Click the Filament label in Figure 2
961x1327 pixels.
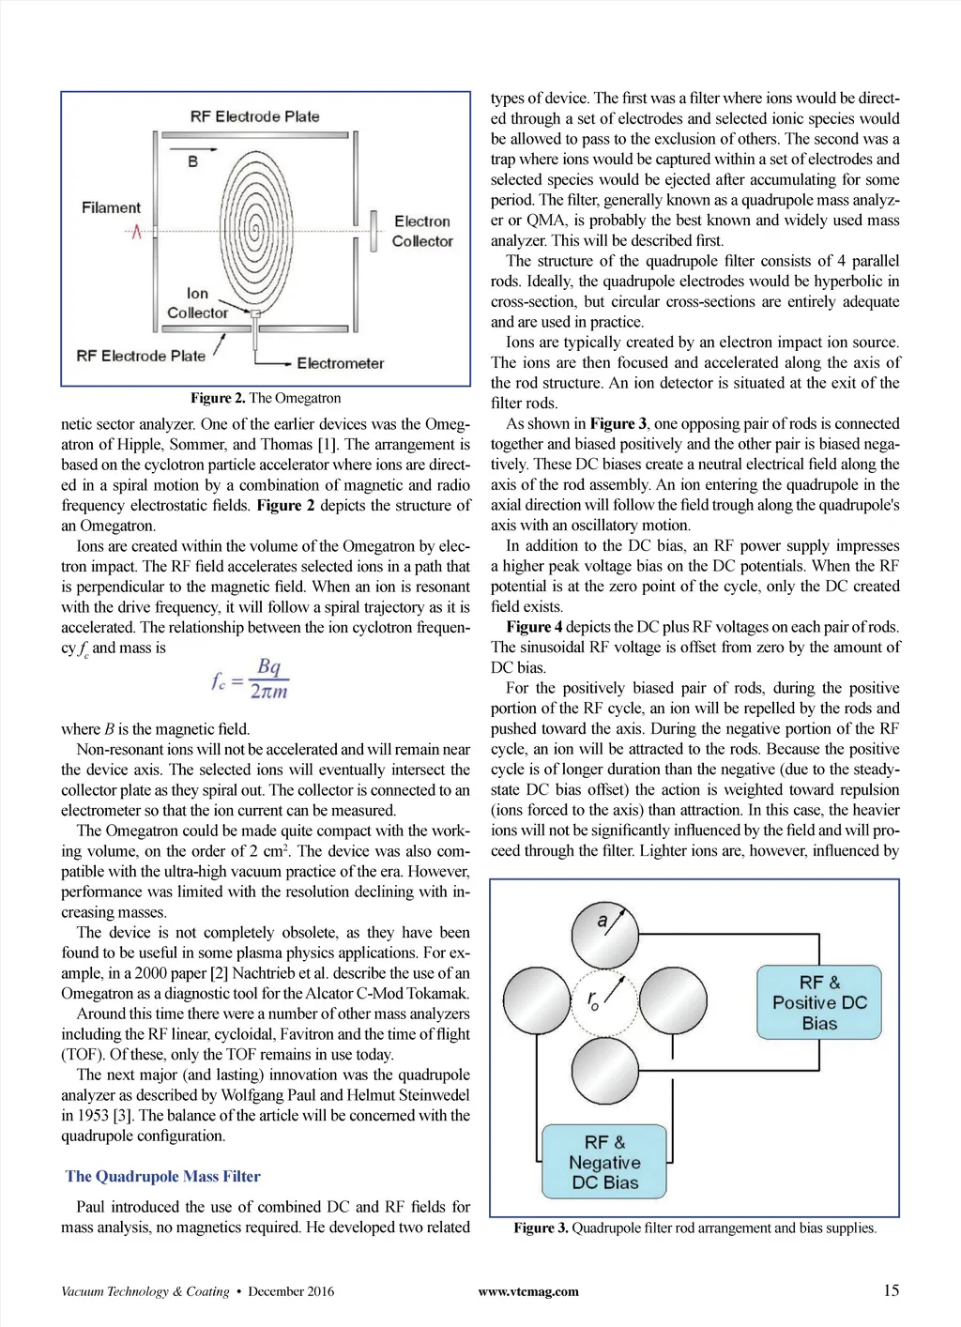[111, 207]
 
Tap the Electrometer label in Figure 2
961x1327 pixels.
[340, 363]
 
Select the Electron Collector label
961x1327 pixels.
[422, 231]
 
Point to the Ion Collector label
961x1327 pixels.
[197, 303]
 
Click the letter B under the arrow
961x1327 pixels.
[192, 161]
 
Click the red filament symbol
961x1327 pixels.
[137, 231]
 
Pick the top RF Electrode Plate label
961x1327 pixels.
[254, 116]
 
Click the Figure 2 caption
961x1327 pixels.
[266, 398]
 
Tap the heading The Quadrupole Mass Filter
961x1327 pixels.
[163, 1177]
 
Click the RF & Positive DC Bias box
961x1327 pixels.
[819, 1003]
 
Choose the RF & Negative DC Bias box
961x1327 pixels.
[604, 1163]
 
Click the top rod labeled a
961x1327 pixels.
[605, 935]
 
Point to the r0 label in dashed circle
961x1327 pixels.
[594, 1000]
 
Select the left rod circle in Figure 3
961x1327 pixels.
[537, 1001]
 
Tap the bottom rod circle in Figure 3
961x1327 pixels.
[605, 1069]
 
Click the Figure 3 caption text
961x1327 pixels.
[694, 1228]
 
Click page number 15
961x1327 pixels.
[891, 1290]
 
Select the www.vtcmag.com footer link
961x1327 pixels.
[528, 1291]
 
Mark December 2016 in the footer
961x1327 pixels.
[291, 1291]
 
